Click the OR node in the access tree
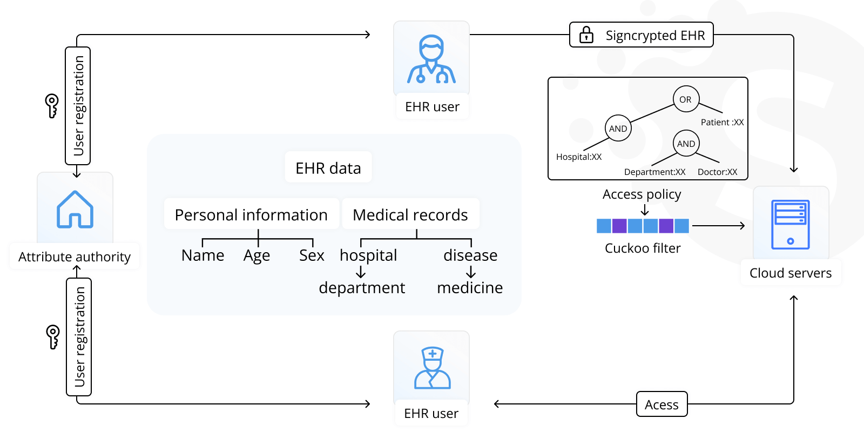coord(686,99)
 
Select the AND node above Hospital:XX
coord(618,129)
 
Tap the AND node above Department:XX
coord(686,144)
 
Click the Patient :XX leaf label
coord(722,123)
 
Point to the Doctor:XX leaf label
coord(717,172)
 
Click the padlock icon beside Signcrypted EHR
coord(586,35)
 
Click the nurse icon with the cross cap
coord(432,368)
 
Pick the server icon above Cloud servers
coord(791,224)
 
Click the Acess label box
coord(661,404)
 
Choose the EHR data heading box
coord(328,168)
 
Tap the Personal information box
coord(251,215)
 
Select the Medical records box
coord(410,215)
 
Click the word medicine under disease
coord(470,288)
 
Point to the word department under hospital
coord(362,288)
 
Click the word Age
coord(256,256)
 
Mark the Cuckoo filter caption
coord(643,248)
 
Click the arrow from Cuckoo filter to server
coord(718,226)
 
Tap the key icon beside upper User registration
coord(52,105)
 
